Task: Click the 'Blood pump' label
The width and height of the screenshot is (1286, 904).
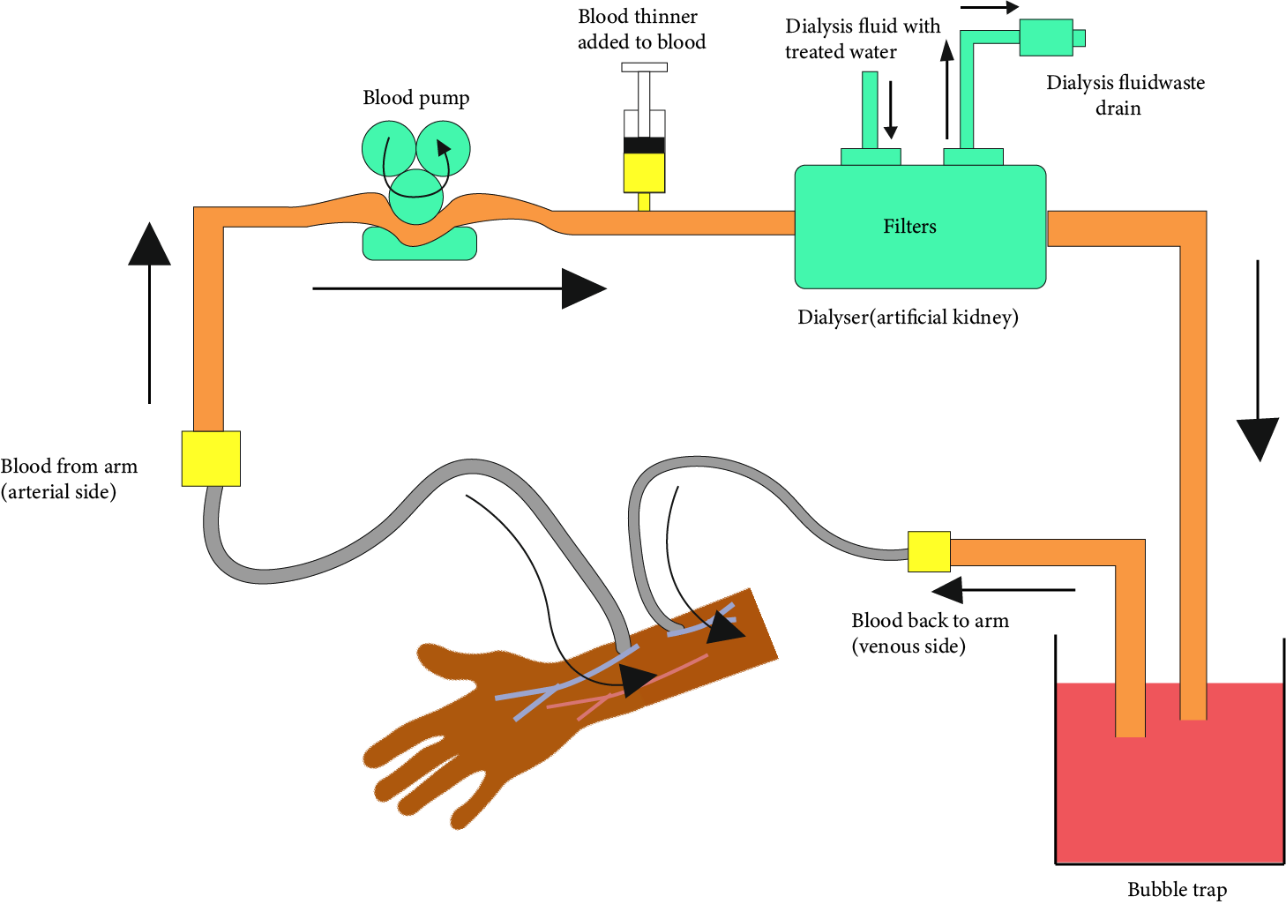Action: click(x=415, y=98)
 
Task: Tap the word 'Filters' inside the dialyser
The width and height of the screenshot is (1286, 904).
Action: click(x=909, y=227)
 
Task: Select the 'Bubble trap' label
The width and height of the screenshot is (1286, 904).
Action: click(x=1177, y=889)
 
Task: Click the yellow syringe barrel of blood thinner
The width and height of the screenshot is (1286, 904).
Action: click(x=644, y=173)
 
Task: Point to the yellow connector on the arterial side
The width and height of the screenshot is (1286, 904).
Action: click(x=211, y=459)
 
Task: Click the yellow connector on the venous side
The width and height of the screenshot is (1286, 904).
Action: click(x=929, y=551)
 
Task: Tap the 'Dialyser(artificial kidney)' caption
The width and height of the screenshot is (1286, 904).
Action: click(x=908, y=318)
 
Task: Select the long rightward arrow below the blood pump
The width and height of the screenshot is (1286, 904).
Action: click(x=459, y=288)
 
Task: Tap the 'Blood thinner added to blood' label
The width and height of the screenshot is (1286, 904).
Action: click(x=641, y=29)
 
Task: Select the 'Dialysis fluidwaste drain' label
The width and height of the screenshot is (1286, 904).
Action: click(x=1125, y=95)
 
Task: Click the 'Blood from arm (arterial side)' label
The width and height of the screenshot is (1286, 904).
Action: click(x=68, y=479)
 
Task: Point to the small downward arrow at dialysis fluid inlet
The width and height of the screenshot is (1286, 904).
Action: click(x=891, y=110)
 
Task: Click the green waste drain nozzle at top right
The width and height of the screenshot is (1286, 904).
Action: click(x=1050, y=38)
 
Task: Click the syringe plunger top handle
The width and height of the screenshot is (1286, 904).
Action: click(x=644, y=67)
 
